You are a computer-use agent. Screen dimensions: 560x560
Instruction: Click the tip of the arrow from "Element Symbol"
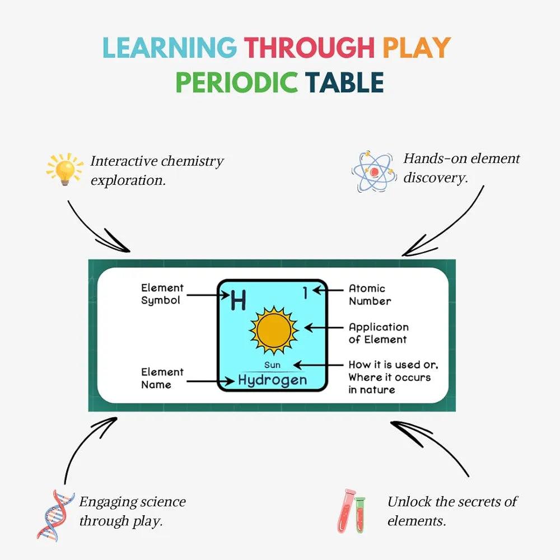229,295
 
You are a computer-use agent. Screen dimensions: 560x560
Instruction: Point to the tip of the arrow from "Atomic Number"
313,290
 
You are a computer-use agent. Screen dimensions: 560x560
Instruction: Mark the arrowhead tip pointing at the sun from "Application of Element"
305,327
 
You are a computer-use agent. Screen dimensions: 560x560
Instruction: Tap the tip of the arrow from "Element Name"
234,381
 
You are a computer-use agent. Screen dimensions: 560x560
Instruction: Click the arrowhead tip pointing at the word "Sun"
293,365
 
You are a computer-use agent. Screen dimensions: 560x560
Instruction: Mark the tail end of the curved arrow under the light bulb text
68,201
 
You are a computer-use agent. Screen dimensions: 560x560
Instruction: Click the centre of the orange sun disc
274,330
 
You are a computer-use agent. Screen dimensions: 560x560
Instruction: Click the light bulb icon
64,169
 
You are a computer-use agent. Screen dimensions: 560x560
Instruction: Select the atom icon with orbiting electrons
374,171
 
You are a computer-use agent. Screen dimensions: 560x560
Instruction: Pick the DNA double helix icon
55,515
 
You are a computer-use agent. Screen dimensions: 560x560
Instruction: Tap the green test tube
360,515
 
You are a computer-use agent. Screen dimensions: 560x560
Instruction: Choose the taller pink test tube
346,511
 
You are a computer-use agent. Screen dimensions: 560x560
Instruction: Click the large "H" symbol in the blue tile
238,300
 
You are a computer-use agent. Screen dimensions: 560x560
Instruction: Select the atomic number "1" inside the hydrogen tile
305,292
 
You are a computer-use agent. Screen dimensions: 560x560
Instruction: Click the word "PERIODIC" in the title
236,82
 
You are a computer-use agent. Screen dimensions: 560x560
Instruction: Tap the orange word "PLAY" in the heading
417,48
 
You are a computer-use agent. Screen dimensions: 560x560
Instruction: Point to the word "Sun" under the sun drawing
272,365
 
